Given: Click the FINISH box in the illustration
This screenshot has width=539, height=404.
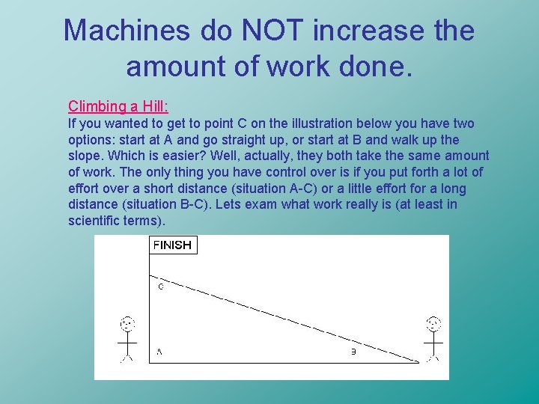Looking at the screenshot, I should click(x=172, y=245).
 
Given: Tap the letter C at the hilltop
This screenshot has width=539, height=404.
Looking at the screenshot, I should click(x=160, y=285).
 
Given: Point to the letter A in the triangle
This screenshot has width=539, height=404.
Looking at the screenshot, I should click(x=159, y=351).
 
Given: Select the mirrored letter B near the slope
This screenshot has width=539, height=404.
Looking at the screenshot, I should click(x=353, y=352).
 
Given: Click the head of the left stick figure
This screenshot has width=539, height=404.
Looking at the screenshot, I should click(x=127, y=325).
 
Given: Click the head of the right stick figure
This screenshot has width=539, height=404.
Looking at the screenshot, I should click(x=433, y=324).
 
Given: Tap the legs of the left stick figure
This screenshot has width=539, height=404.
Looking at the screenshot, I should click(x=127, y=355).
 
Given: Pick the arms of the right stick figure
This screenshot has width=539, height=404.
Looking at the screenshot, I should click(x=433, y=342).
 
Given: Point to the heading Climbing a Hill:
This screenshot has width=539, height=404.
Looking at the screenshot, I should click(x=118, y=106).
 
